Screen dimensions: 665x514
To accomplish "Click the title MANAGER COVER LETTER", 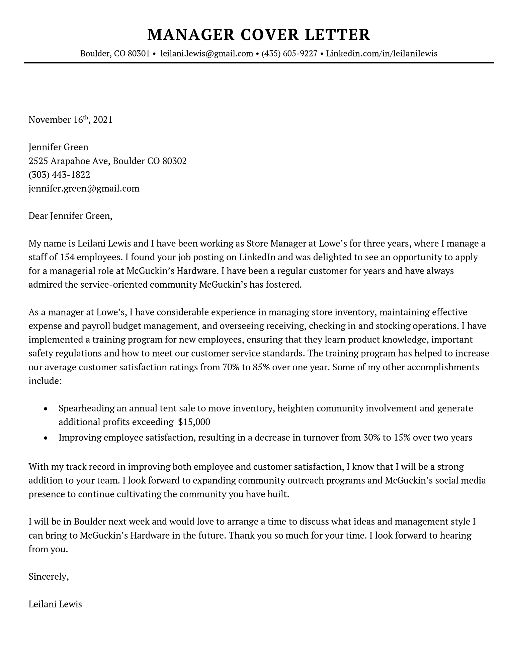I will coord(258,35).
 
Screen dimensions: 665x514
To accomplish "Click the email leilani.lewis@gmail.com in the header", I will coord(206,54).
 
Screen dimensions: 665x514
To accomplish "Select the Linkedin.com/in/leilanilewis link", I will coord(381,54).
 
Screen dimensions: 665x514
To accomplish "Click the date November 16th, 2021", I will coord(70,120).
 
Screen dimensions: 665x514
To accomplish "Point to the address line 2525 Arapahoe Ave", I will coord(69,161).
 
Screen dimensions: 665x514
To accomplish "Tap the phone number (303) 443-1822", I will coord(59,175).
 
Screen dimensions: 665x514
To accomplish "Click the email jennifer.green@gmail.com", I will coord(84,189).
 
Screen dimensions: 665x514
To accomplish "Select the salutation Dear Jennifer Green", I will coord(70,216).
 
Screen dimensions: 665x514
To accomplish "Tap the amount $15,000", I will coord(194,422).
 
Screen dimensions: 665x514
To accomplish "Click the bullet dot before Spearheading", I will coord(46,409).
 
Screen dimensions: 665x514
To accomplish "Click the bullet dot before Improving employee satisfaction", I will coord(46,438).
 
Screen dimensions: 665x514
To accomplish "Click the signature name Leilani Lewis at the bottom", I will coord(55,604).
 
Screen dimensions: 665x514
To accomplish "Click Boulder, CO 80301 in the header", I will coord(115,54).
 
